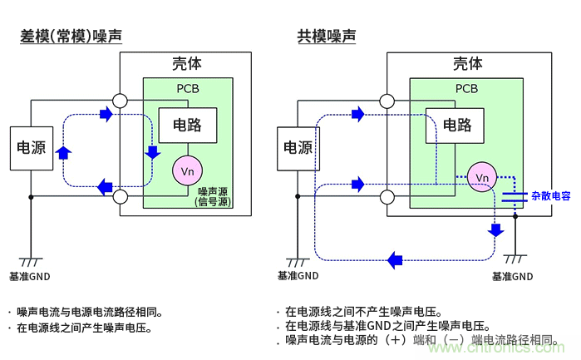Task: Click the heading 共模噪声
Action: pyautogui.click(x=327, y=37)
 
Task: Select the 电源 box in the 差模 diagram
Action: pyautogui.click(x=32, y=147)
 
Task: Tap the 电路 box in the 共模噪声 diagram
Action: pyautogui.click(x=455, y=126)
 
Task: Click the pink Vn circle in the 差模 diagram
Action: pyautogui.click(x=186, y=170)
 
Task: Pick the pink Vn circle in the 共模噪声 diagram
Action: pyautogui.click(x=480, y=176)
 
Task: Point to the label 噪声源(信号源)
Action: pyautogui.click(x=213, y=197)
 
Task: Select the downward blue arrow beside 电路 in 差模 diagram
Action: pyautogui.click(x=152, y=152)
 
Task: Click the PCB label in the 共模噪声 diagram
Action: pyautogui.click(x=466, y=89)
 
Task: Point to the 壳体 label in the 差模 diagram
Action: pyautogui.click(x=186, y=64)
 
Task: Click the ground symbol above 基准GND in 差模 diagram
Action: pyautogui.click(x=31, y=260)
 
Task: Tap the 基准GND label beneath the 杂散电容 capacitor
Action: pyautogui.click(x=512, y=276)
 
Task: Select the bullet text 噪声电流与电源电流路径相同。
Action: pyautogui.click(x=89, y=312)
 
